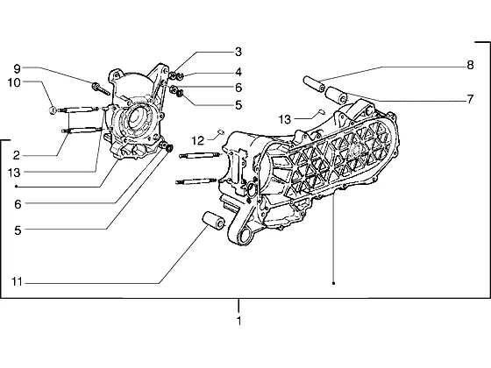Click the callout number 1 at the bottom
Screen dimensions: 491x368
pyautogui.click(x=238, y=321)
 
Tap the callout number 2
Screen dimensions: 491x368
pyautogui.click(x=17, y=155)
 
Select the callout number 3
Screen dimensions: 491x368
pyautogui.click(x=238, y=52)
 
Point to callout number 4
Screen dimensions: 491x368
pyautogui.click(x=238, y=72)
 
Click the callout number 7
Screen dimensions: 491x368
pyautogui.click(x=470, y=99)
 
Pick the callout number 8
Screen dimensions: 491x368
pyautogui.click(x=470, y=65)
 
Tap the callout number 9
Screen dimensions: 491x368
pyautogui.click(x=17, y=68)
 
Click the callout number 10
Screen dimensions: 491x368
pyautogui.click(x=14, y=83)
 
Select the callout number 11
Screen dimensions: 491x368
pyautogui.click(x=17, y=282)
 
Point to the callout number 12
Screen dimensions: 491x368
pyautogui.click(x=198, y=141)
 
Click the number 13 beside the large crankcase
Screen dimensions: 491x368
pyautogui.click(x=285, y=119)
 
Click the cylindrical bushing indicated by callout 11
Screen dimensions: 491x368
pyautogui.click(x=214, y=220)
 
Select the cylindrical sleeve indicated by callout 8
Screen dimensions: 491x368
pyautogui.click(x=314, y=83)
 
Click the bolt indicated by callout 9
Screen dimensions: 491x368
pyautogui.click(x=101, y=88)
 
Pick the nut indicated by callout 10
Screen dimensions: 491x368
pyautogui.click(x=53, y=110)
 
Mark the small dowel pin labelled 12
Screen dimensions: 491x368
pyautogui.click(x=220, y=132)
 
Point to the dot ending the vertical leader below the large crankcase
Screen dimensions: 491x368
pyautogui.click(x=334, y=283)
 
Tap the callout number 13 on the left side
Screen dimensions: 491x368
pyautogui.click(x=14, y=173)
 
